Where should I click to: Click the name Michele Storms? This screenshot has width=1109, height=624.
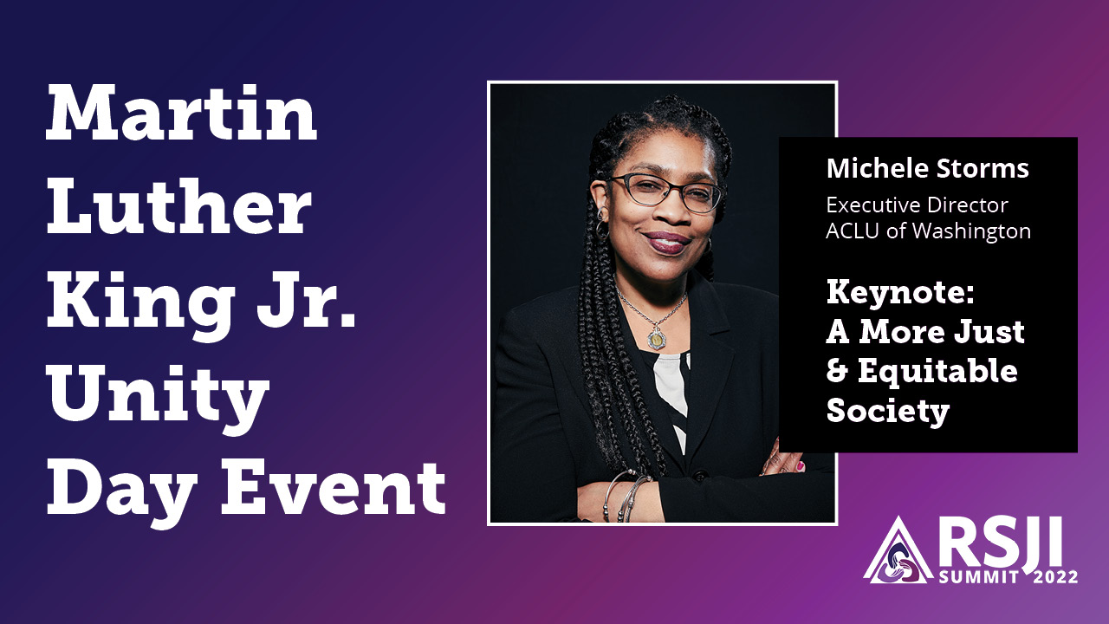click(x=927, y=168)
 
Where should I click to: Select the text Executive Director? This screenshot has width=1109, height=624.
click(x=917, y=206)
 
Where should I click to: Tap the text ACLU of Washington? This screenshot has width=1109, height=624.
click(x=928, y=231)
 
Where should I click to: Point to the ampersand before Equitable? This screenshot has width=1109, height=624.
click(x=838, y=371)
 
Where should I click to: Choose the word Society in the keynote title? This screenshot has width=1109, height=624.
click(x=887, y=410)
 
